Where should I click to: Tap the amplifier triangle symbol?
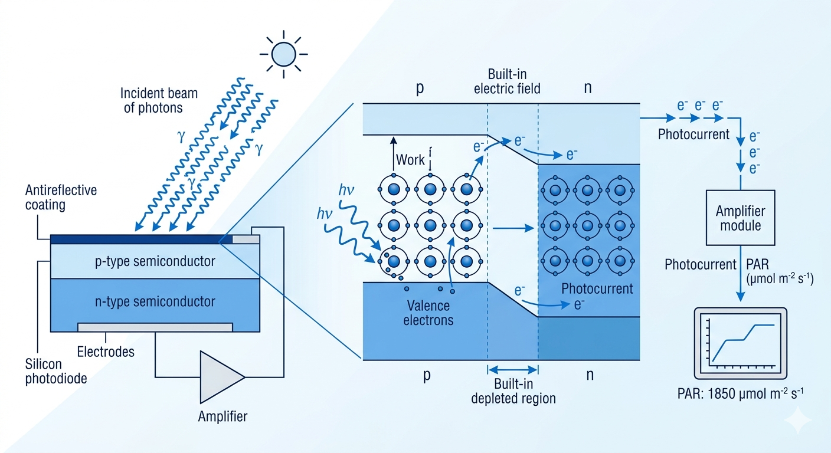pos(220,377)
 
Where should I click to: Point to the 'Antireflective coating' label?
pos(61,198)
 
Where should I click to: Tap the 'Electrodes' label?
pos(106,352)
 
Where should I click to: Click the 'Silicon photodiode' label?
pos(55,372)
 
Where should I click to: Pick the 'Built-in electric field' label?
pos(513,82)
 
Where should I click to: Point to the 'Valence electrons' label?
pos(428,313)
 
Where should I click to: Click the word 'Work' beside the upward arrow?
pos(410,160)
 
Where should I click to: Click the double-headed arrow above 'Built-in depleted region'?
pos(512,370)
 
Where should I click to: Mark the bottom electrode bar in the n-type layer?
pos(155,327)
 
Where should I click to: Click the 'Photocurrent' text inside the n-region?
pos(597,289)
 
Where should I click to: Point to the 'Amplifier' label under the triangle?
pos(223,416)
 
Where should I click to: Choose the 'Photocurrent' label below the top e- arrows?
pos(693,134)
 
